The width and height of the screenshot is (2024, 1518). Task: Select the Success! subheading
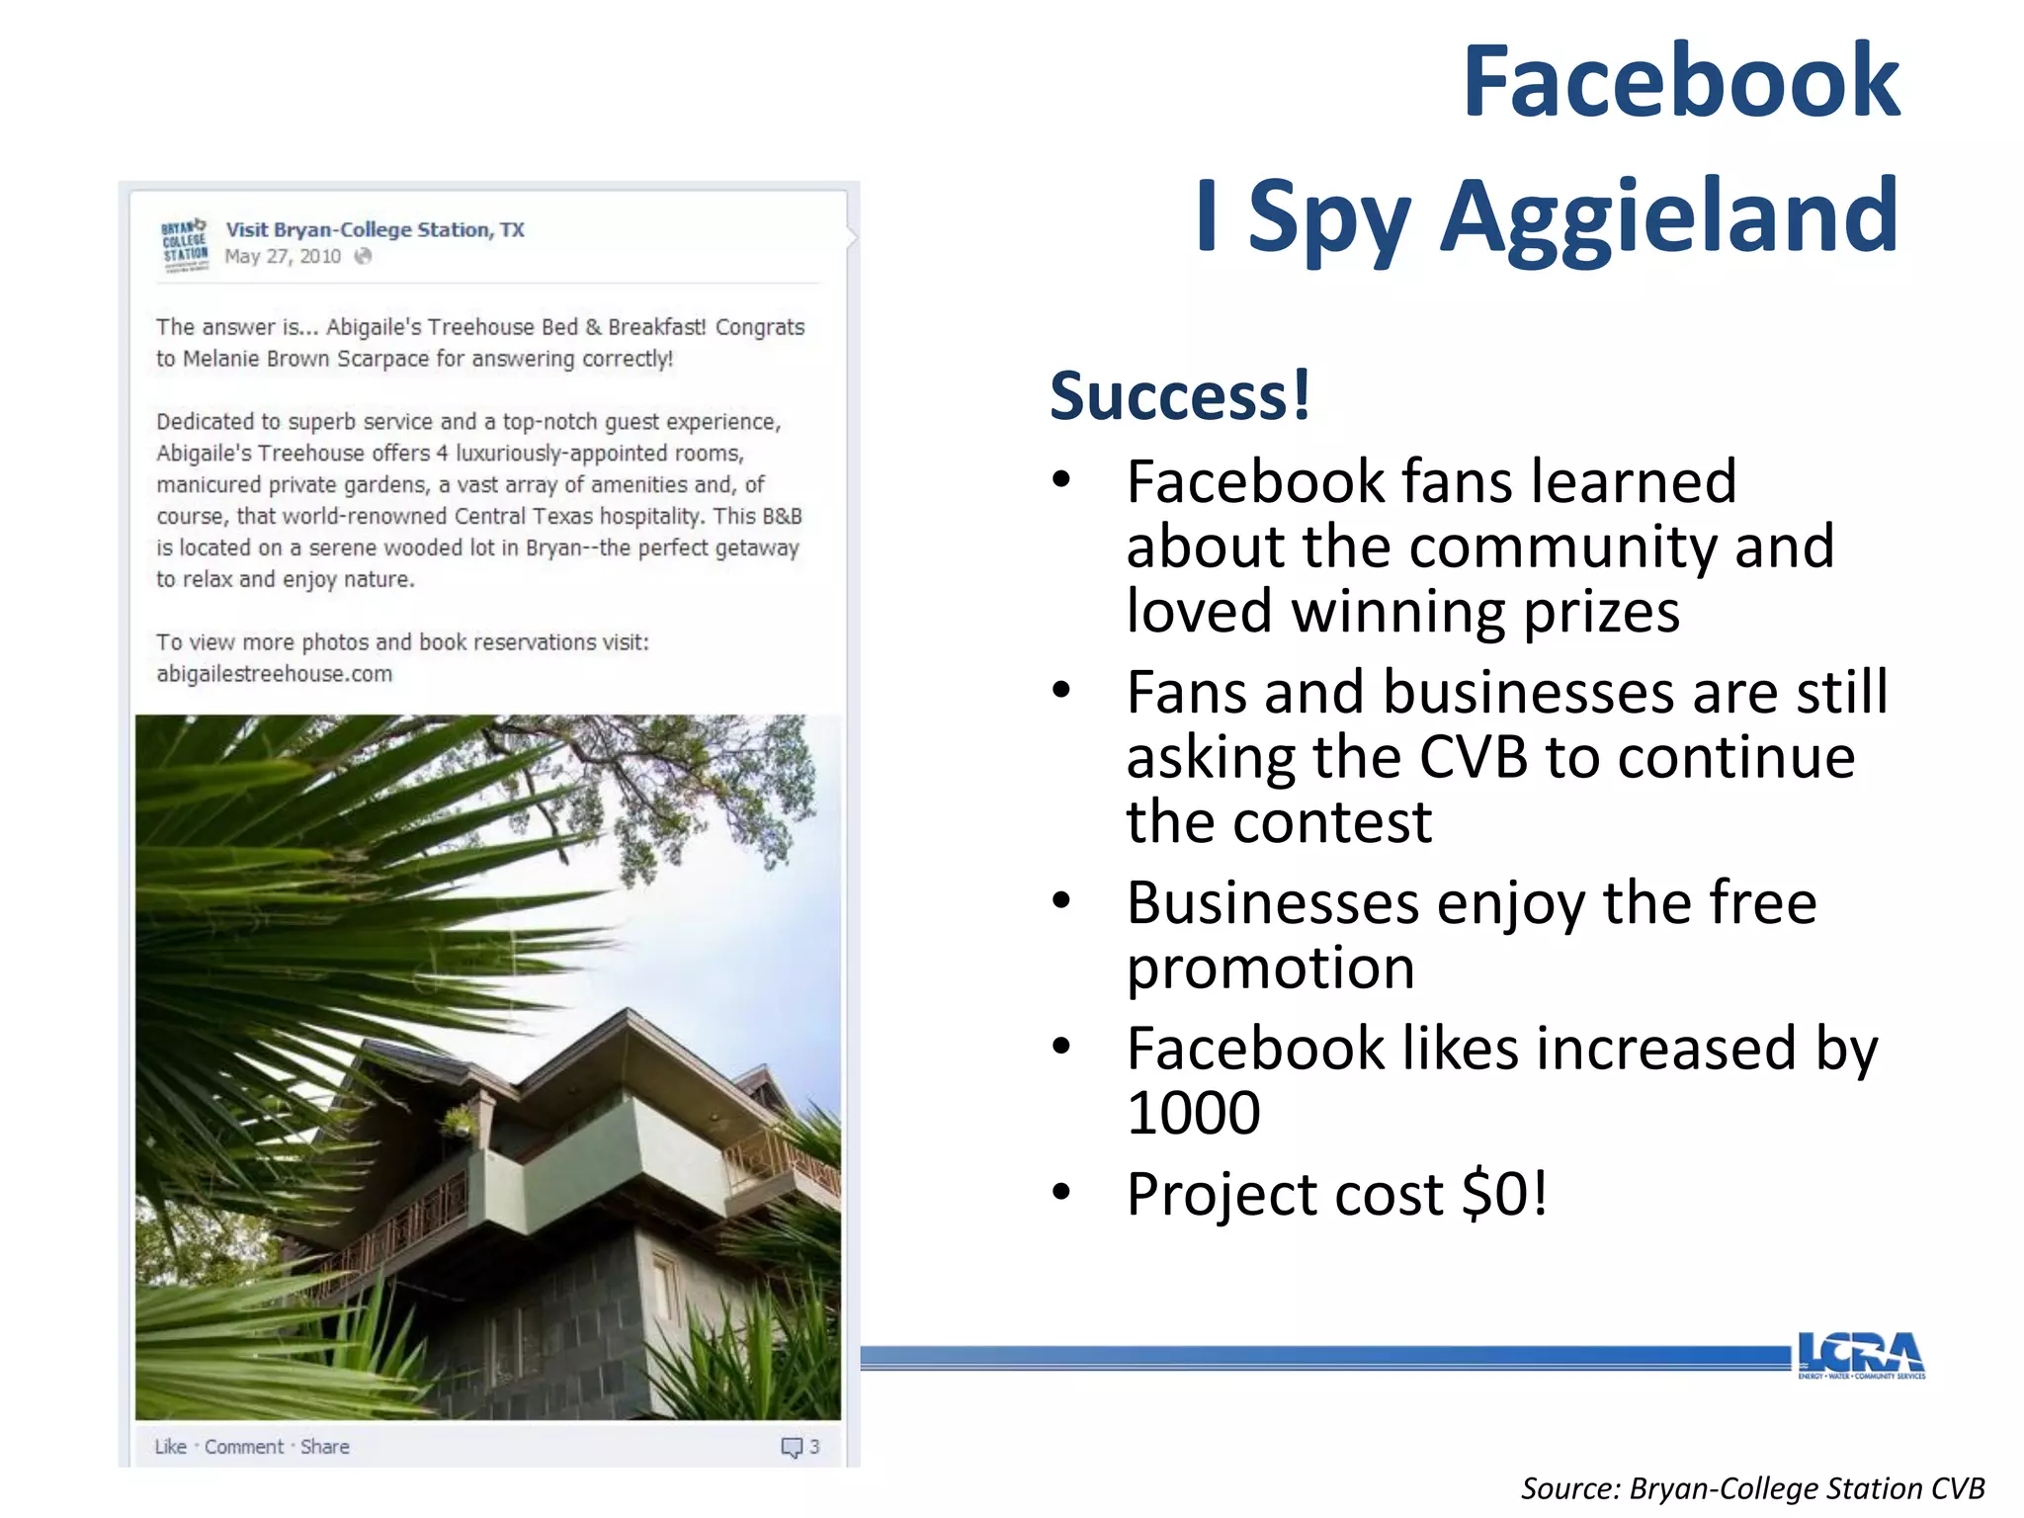pyautogui.click(x=1180, y=395)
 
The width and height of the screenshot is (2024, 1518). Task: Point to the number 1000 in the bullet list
pyautogui.click(x=1193, y=1113)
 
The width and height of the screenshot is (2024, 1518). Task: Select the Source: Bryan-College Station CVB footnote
pyautogui.click(x=1751, y=1488)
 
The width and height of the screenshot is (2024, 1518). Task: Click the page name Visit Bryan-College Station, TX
pyautogui.click(x=375, y=229)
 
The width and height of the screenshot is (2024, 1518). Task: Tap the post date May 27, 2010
pyautogui.click(x=282, y=257)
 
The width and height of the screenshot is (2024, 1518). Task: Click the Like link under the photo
pyautogui.click(x=170, y=1447)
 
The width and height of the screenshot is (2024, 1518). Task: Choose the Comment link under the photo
pyautogui.click(x=243, y=1447)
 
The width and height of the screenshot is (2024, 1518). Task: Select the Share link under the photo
pyautogui.click(x=324, y=1447)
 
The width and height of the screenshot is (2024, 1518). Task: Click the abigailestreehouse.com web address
pyautogui.click(x=274, y=674)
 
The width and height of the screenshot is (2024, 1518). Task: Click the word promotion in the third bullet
pyautogui.click(x=1270, y=968)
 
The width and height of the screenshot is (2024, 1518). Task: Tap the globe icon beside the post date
pyautogui.click(x=363, y=257)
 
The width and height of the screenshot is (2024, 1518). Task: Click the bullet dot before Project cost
pyautogui.click(x=1061, y=1191)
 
